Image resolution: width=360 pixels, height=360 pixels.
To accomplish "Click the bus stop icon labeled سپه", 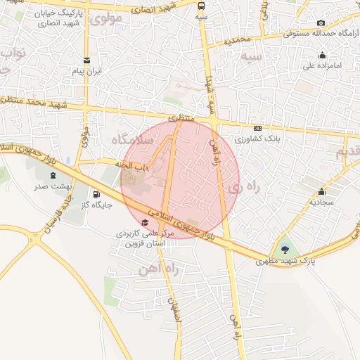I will click(202, 4).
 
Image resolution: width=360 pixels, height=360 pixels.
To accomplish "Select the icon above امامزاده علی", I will click(322, 56).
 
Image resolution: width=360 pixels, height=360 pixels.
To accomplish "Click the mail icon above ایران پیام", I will click(86, 60).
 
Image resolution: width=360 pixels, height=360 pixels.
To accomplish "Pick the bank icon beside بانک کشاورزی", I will click(258, 129).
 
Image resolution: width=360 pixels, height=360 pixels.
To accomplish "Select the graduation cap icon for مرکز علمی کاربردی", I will click(145, 222).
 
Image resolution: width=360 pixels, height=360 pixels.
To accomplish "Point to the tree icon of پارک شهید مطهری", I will click(284, 249).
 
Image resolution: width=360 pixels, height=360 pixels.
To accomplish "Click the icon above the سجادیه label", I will click(322, 192).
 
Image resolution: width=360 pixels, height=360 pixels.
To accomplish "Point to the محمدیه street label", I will click(238, 41).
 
